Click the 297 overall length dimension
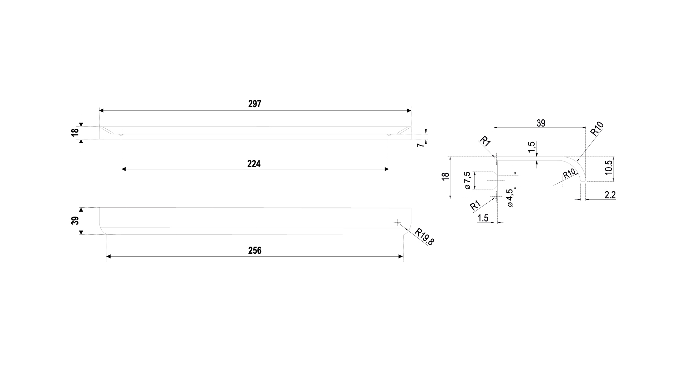(255, 104)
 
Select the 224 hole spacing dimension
(254, 164)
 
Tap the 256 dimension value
(255, 251)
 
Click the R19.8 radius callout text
(424, 237)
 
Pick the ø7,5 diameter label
(467, 180)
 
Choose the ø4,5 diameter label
(510, 198)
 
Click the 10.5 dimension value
(609, 167)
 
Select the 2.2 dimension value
(610, 195)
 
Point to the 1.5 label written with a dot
(483, 218)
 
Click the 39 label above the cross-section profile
(541, 123)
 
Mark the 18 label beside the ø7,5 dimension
(445, 177)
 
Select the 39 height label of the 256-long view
(75, 221)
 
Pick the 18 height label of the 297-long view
(75, 133)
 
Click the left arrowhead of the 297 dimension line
(101, 111)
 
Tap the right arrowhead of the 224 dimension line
(387, 169)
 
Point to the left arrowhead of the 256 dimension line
(109, 256)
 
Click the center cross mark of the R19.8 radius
(397, 222)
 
